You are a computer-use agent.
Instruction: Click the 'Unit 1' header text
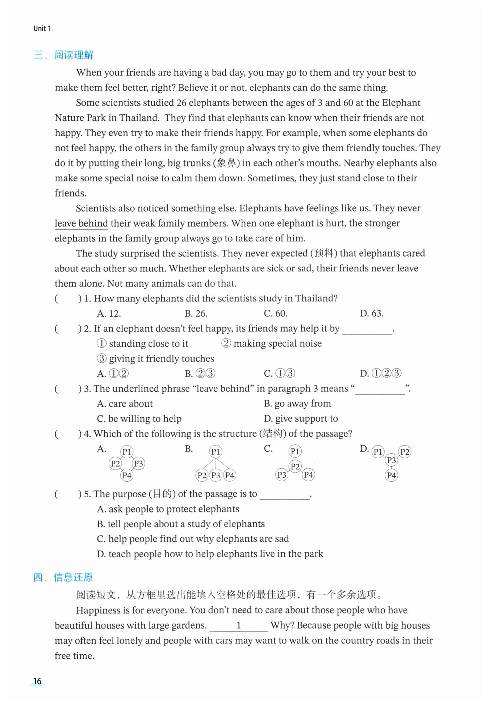coord(42,28)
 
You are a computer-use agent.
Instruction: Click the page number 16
coord(37,681)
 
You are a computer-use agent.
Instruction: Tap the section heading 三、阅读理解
coord(64,55)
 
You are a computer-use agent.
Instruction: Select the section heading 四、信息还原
coord(63,577)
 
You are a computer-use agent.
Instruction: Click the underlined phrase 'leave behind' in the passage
coord(81,223)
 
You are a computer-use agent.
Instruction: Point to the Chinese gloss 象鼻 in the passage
coord(226,163)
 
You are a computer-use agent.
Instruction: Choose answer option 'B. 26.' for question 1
coord(196,313)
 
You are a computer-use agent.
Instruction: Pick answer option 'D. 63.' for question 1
coord(372,313)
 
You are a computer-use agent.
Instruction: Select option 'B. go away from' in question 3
coord(297,404)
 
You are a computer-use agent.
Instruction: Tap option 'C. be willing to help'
coord(139,419)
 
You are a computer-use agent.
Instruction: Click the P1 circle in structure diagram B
coord(216,452)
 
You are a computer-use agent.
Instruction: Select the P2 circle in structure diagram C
coord(295,466)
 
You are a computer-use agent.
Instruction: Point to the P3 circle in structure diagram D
coord(391,460)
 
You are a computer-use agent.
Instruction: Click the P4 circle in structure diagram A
coord(127,475)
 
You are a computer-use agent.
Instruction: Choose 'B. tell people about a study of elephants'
coord(181,524)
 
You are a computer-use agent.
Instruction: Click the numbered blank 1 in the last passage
coord(239,625)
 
